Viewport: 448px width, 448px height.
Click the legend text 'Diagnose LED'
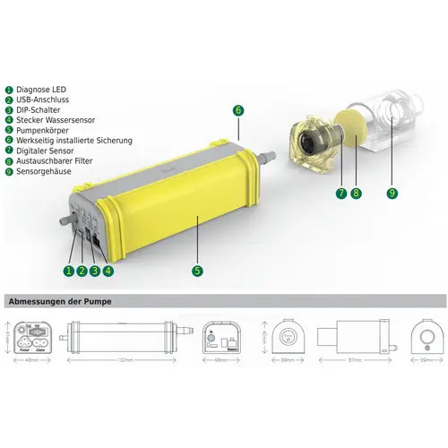pos(41,90)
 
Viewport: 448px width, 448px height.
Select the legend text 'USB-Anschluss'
pos(44,100)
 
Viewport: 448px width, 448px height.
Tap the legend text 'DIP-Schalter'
pos(40,110)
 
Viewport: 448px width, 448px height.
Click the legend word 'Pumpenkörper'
pos(43,130)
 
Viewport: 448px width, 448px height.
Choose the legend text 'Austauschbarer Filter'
pos(58,160)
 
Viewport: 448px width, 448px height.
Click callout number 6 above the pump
pos(237,110)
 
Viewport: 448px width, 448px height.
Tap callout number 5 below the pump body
pos(197,270)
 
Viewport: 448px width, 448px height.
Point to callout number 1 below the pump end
pos(67,270)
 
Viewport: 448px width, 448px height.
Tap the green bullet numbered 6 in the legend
pos(8,141)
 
